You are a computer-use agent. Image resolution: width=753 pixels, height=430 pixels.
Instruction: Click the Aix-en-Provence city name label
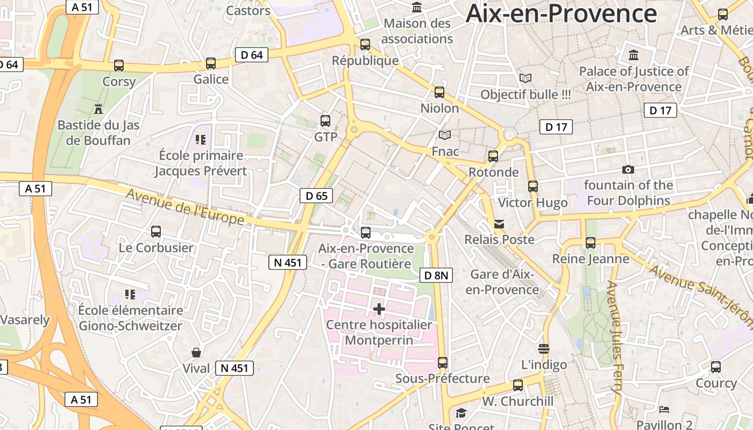pyautogui.click(x=561, y=13)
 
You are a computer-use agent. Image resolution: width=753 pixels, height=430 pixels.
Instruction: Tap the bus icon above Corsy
pyautogui.click(x=119, y=66)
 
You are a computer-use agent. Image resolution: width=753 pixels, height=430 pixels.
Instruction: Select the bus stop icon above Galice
pyautogui.click(x=211, y=63)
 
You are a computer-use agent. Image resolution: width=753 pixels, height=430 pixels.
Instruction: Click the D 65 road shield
pyautogui.click(x=316, y=196)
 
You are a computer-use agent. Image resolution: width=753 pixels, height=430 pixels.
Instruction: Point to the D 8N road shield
pyautogui.click(x=436, y=275)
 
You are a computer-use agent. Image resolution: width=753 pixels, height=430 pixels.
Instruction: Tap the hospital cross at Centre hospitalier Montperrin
pyautogui.click(x=379, y=309)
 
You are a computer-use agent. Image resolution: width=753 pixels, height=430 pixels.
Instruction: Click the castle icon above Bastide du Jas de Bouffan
pyautogui.click(x=98, y=109)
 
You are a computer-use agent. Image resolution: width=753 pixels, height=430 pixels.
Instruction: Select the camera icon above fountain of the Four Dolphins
pyautogui.click(x=628, y=170)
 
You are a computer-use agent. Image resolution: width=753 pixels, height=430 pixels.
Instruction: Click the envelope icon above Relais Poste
pyautogui.click(x=499, y=224)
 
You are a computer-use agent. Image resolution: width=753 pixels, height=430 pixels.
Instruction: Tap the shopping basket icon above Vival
pyautogui.click(x=196, y=353)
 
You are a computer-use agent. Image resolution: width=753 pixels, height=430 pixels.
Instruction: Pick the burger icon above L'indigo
pyautogui.click(x=544, y=349)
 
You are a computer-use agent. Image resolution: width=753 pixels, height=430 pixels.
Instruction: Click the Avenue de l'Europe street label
pyautogui.click(x=185, y=207)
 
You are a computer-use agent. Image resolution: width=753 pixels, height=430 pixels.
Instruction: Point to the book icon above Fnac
pyautogui.click(x=445, y=135)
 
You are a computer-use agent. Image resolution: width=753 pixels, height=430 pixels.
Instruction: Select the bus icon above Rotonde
pyautogui.click(x=493, y=156)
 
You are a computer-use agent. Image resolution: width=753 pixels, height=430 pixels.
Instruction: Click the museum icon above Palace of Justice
pyautogui.click(x=634, y=55)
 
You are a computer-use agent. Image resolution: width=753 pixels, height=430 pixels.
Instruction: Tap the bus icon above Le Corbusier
pyautogui.click(x=156, y=232)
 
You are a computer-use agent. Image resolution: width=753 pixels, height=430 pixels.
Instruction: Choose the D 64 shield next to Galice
pyautogui.click(x=252, y=54)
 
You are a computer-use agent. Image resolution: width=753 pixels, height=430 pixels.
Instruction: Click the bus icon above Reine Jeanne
pyautogui.click(x=591, y=243)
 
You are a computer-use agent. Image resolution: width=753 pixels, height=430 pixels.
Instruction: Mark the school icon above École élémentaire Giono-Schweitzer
pyautogui.click(x=130, y=294)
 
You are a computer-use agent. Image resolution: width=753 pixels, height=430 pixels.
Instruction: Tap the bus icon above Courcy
pyautogui.click(x=716, y=367)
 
